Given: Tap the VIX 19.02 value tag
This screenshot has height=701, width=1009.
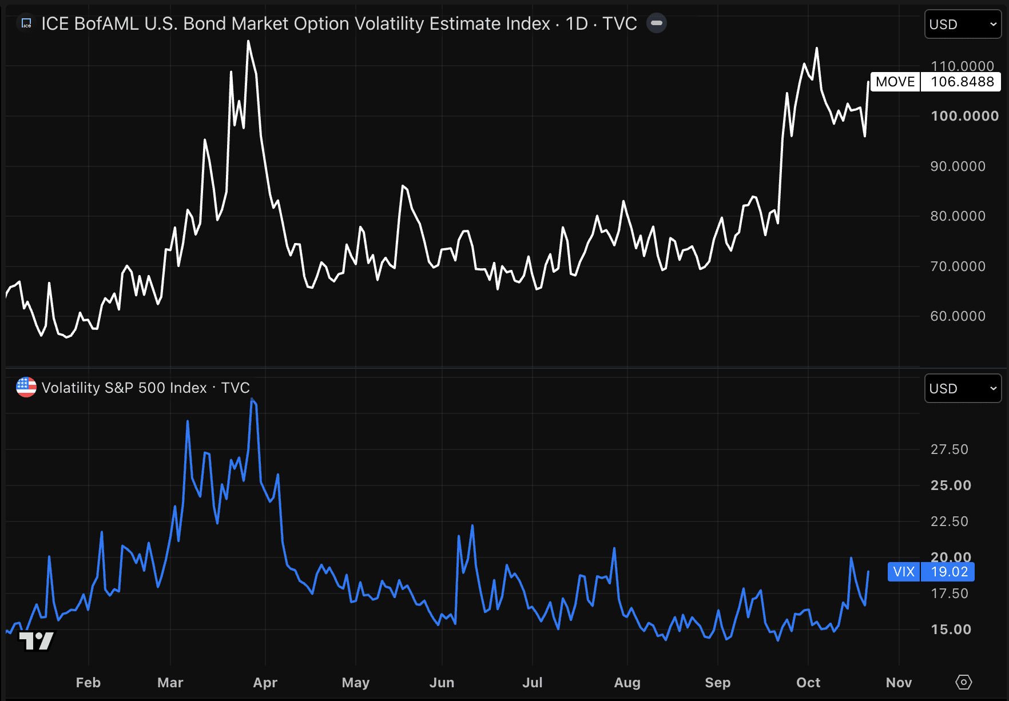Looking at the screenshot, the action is pos(931,572).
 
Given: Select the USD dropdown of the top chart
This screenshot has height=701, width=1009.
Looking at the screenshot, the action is pos(963,25).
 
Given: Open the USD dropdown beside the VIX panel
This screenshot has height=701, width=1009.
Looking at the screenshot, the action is pos(963,389).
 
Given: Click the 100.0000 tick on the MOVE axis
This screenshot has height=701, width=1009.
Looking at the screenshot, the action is pos(965,116).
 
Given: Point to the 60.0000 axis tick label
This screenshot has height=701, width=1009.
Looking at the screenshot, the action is pos(958,316).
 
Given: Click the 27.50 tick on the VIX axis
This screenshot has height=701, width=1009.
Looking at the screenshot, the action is pos(950,449).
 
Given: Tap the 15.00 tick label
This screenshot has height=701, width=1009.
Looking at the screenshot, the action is pos(951,630).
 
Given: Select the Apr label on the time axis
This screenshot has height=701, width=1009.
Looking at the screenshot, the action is pos(265,683).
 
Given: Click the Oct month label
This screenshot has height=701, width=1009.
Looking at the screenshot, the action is pos(808,683).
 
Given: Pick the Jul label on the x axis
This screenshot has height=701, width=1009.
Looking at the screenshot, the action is pos(533,683).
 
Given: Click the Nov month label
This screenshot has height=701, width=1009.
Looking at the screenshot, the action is pos(899,683).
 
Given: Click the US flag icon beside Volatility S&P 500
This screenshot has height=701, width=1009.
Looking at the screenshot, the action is pos(26,387).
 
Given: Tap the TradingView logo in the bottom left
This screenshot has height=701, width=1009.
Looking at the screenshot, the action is pos(37,641).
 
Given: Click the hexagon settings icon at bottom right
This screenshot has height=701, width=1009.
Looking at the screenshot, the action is pos(964,682).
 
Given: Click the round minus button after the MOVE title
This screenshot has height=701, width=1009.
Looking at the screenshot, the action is pos(657,23).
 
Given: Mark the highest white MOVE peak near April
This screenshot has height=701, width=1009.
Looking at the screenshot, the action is pos(248,41).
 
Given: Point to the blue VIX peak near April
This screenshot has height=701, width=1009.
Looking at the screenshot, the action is pos(252,399).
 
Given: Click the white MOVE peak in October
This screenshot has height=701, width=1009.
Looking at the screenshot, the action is pos(816,48).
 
